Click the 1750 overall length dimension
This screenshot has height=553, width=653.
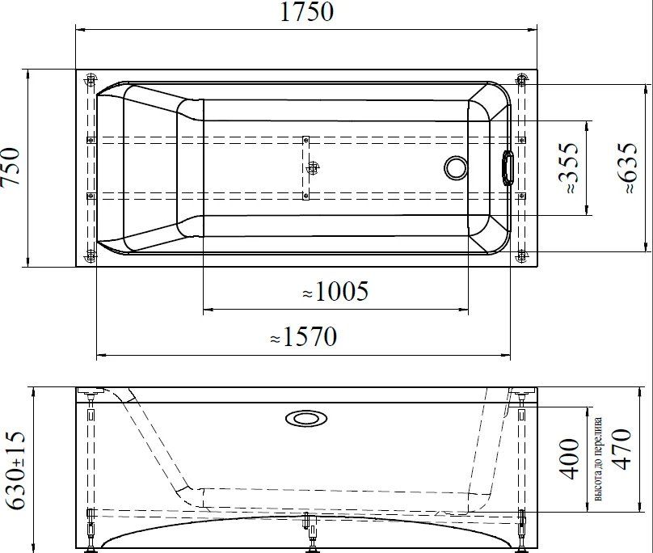(x=306, y=11)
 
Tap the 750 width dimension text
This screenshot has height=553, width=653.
(x=10, y=167)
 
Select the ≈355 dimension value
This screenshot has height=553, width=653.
(x=569, y=167)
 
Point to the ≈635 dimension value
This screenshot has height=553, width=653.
(x=627, y=167)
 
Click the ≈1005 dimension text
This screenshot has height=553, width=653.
(x=335, y=291)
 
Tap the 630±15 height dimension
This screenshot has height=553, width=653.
(x=16, y=471)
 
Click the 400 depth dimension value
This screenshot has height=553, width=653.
(x=569, y=458)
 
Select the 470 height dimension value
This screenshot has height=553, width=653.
(x=621, y=450)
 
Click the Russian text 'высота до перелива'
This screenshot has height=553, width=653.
(x=598, y=459)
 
